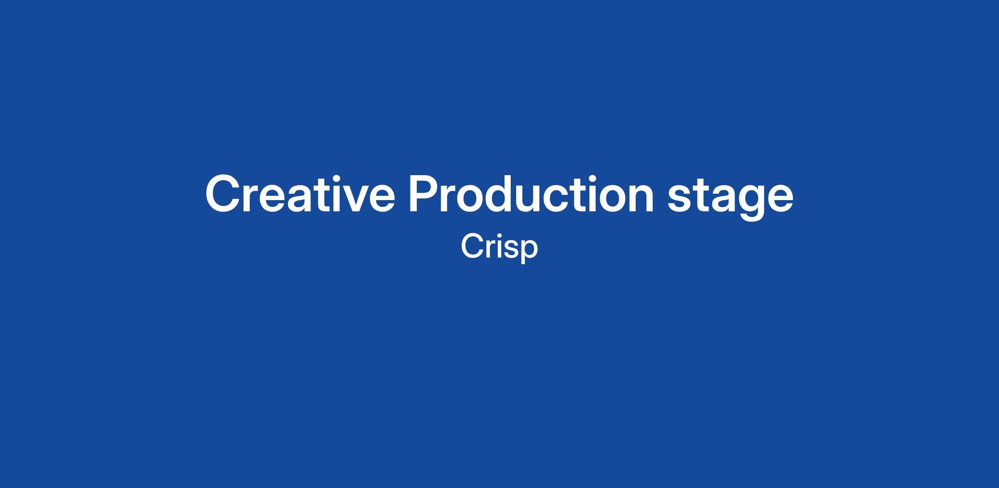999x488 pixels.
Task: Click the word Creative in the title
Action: click(x=300, y=194)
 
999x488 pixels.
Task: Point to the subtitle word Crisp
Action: click(x=499, y=248)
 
